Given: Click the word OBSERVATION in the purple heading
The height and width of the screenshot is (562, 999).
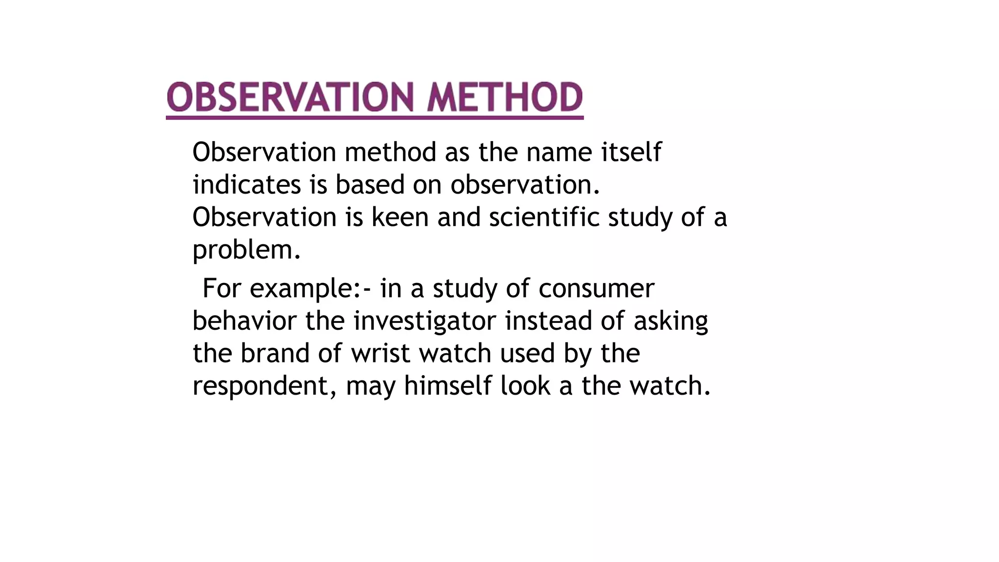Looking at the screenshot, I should click(x=290, y=97).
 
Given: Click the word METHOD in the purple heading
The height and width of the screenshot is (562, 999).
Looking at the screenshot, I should click(x=505, y=97).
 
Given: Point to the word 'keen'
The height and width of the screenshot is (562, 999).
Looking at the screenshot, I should click(x=400, y=217).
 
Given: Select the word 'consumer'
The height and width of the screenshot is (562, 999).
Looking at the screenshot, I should click(x=596, y=289).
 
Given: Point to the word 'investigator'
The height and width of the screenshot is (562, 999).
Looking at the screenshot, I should click(x=424, y=322).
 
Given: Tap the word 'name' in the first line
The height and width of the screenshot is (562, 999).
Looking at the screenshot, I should click(x=559, y=153).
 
